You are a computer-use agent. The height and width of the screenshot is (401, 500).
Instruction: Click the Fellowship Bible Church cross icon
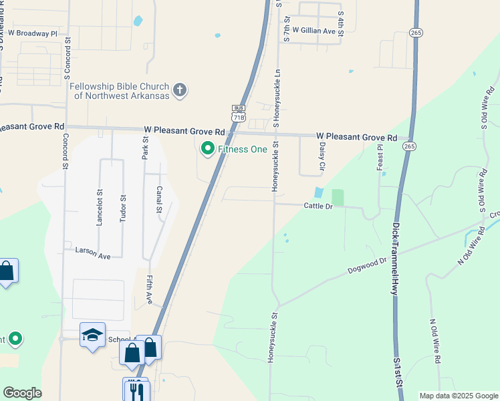(x=179, y=90)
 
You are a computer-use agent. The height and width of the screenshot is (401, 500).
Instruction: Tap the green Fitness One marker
(x=207, y=148)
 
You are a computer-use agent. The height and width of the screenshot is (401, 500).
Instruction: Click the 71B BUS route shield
(x=239, y=113)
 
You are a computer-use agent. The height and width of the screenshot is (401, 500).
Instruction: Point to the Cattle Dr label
(x=318, y=207)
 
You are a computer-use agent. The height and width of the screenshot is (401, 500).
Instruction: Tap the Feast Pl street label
(x=380, y=157)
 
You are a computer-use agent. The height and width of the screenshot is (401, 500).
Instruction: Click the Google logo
(x=22, y=393)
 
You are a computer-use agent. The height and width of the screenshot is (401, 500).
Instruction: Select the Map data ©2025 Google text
(x=459, y=396)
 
